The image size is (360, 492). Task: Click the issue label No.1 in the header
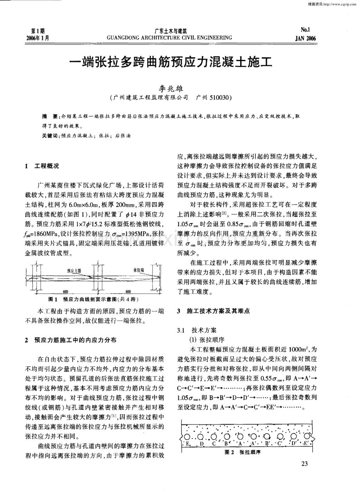[306, 30]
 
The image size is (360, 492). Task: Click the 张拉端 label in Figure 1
[139, 270]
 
